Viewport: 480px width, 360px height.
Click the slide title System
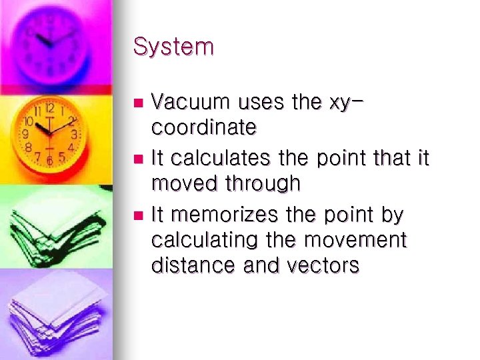pos(173,47)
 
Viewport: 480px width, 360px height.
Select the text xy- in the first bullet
pos(348,103)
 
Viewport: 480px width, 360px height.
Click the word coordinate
pos(204,127)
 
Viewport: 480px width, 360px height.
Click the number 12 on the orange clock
pos(49,108)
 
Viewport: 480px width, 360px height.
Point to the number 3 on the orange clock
pos(75,134)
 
